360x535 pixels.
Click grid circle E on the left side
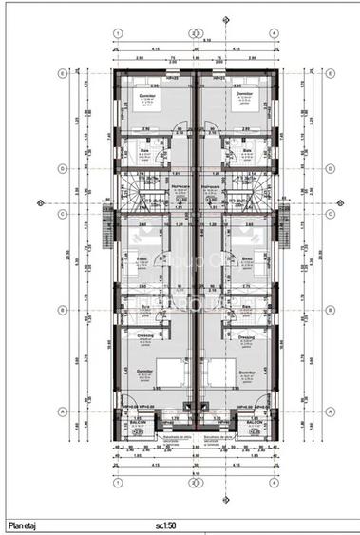(63, 73)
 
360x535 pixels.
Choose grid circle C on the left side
(63, 213)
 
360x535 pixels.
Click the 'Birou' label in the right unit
(246, 258)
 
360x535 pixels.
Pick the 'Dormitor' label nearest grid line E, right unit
(244, 96)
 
